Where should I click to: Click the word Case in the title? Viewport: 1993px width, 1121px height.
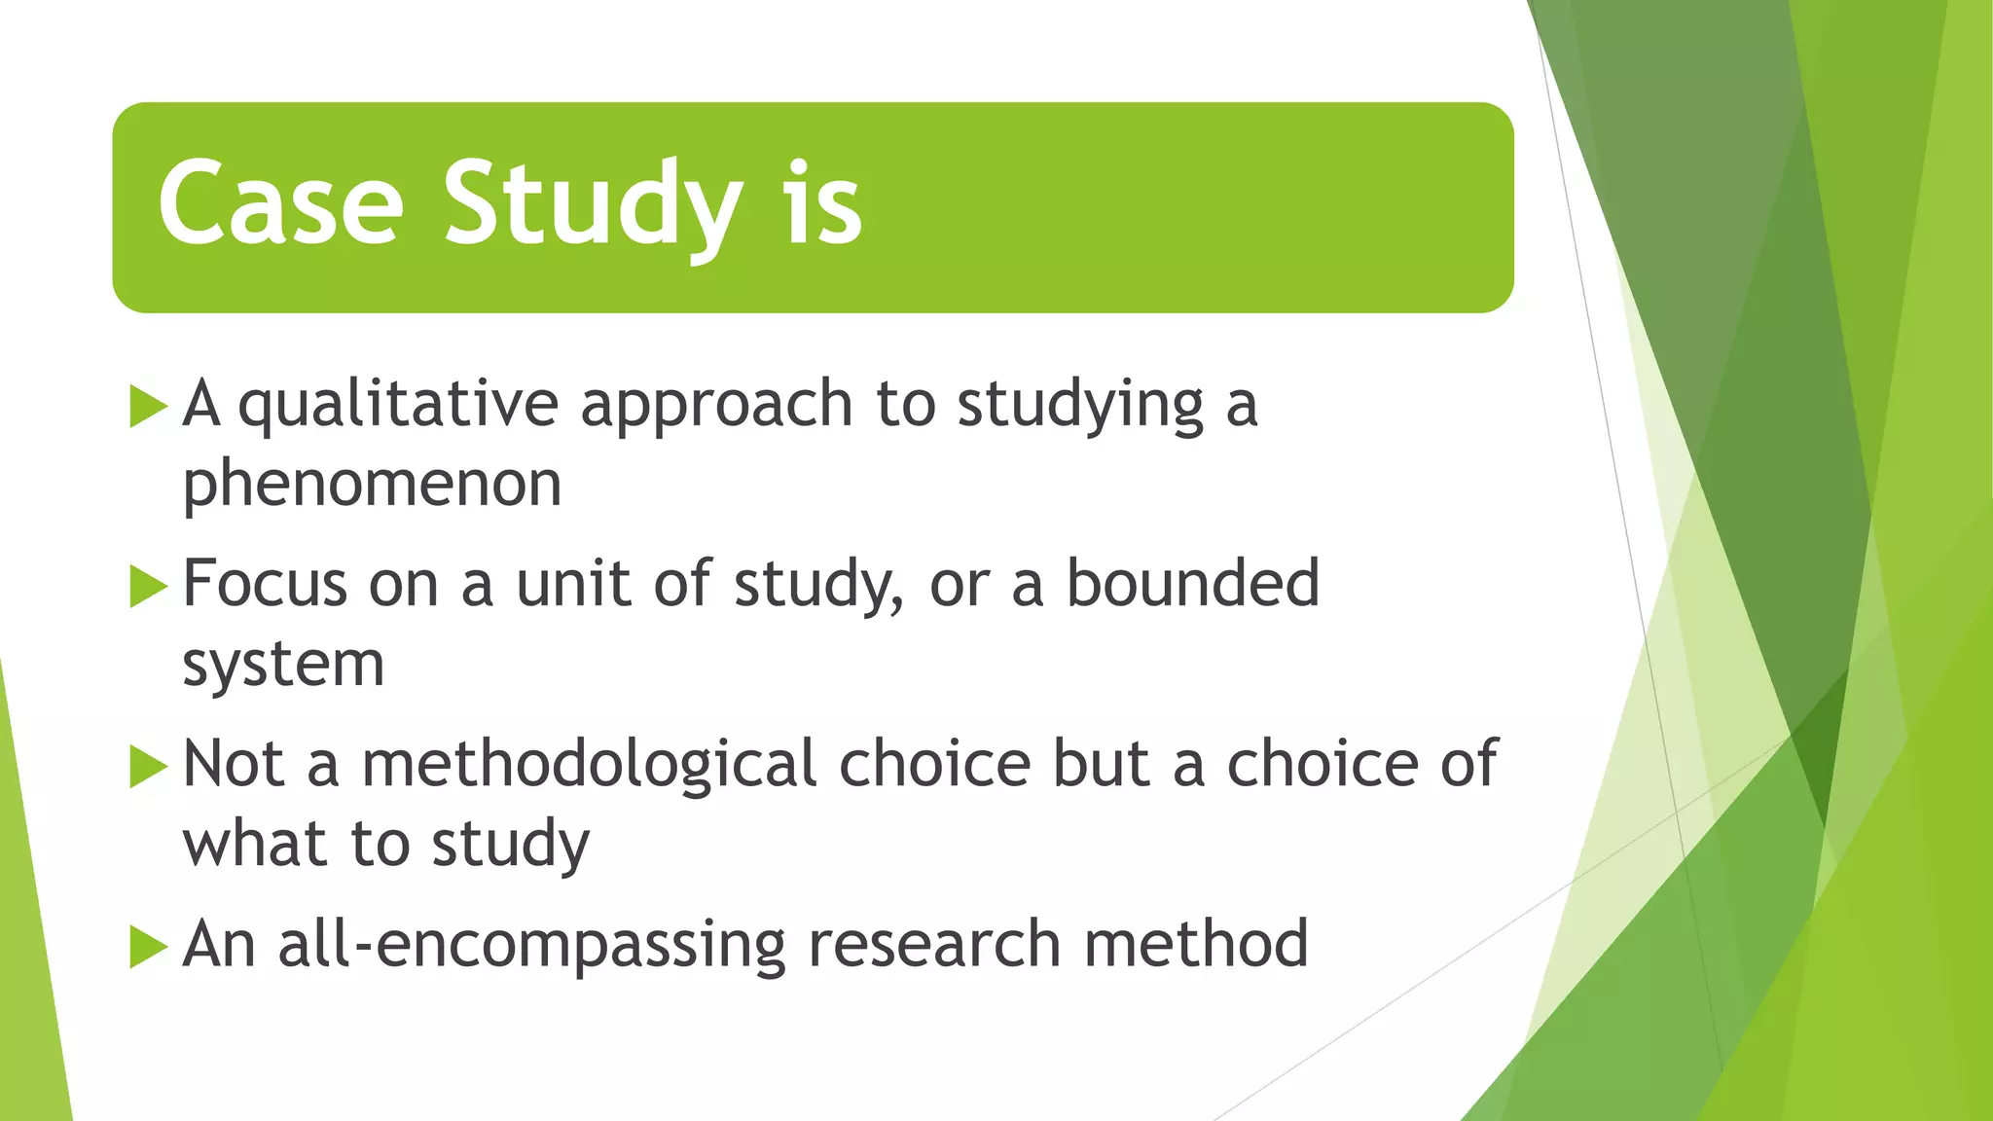280,203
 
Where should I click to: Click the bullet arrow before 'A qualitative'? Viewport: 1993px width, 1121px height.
148,405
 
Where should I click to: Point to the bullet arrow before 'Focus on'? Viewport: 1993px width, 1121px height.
148,586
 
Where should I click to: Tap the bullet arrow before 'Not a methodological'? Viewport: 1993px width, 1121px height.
148,766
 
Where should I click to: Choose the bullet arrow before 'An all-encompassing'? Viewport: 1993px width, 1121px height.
148,946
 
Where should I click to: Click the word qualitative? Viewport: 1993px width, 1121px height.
398,405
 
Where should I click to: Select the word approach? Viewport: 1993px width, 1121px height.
716,405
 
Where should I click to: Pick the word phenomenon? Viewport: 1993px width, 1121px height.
372,484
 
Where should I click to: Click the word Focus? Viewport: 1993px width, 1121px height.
265,584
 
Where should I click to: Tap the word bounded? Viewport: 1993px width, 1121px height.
1193,584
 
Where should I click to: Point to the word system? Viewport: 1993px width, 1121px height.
283,665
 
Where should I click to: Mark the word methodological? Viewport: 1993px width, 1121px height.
589,764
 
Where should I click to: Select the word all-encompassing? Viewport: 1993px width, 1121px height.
531,945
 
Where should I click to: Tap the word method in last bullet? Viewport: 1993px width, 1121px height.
1196,945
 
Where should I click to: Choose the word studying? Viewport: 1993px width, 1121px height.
1080,405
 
